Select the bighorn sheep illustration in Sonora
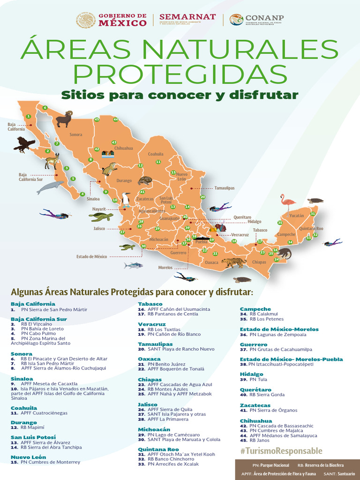(64, 119)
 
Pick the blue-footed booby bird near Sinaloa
(126, 200)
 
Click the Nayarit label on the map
(99, 209)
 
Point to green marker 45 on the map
(97, 120)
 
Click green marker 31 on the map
(313, 213)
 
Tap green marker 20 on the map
(202, 197)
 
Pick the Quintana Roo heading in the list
(158, 449)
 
